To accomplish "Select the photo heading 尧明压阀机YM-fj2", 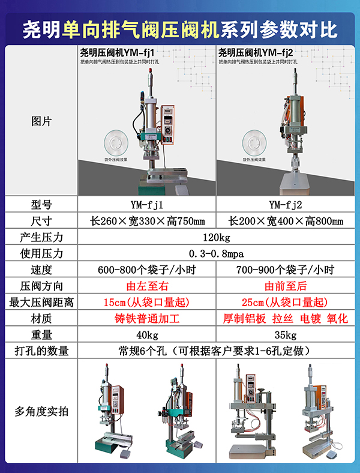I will click(x=256, y=52).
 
